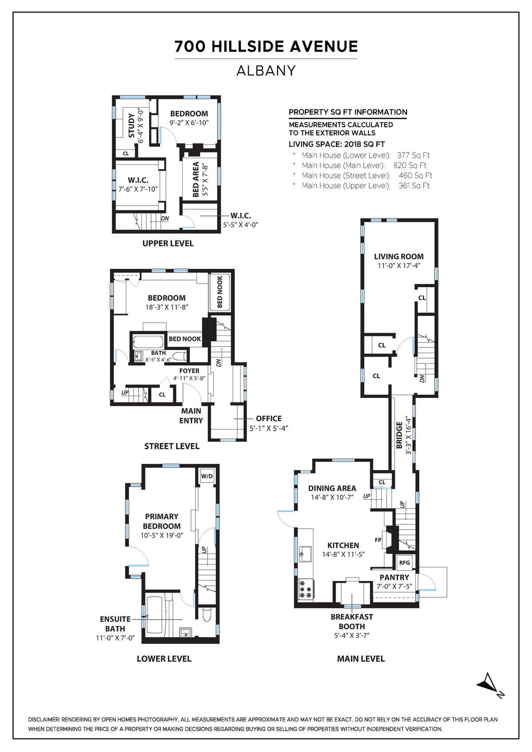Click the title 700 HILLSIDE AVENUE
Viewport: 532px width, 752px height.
(x=266, y=47)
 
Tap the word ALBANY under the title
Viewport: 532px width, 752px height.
(x=266, y=71)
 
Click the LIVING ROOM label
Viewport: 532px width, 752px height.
(x=399, y=257)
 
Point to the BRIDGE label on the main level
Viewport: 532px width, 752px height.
(x=399, y=435)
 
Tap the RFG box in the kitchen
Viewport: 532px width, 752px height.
(x=404, y=563)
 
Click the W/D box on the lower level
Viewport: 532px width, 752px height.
(x=207, y=476)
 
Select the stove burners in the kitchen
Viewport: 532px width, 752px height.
(x=305, y=590)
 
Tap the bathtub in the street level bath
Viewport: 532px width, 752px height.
(x=148, y=342)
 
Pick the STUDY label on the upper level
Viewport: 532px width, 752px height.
(x=131, y=125)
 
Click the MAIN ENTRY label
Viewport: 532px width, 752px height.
(x=191, y=416)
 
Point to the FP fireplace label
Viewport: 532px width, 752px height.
(x=378, y=540)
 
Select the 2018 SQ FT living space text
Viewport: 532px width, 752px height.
(x=364, y=144)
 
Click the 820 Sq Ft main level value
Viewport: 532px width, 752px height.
(x=410, y=165)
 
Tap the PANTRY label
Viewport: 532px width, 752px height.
(x=394, y=577)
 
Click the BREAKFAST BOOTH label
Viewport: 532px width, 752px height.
(x=352, y=621)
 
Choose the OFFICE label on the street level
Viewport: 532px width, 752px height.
(x=269, y=418)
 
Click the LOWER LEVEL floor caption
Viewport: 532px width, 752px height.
(x=164, y=658)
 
